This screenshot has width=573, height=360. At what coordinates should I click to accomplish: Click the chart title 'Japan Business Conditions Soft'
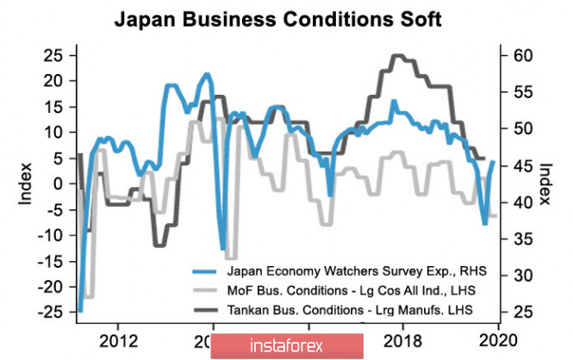click(x=285, y=19)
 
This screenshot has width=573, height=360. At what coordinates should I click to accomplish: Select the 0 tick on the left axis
click(x=59, y=183)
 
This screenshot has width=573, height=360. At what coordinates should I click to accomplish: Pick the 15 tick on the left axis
click(x=53, y=107)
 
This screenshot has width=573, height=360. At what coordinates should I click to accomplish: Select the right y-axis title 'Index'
click(x=545, y=183)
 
